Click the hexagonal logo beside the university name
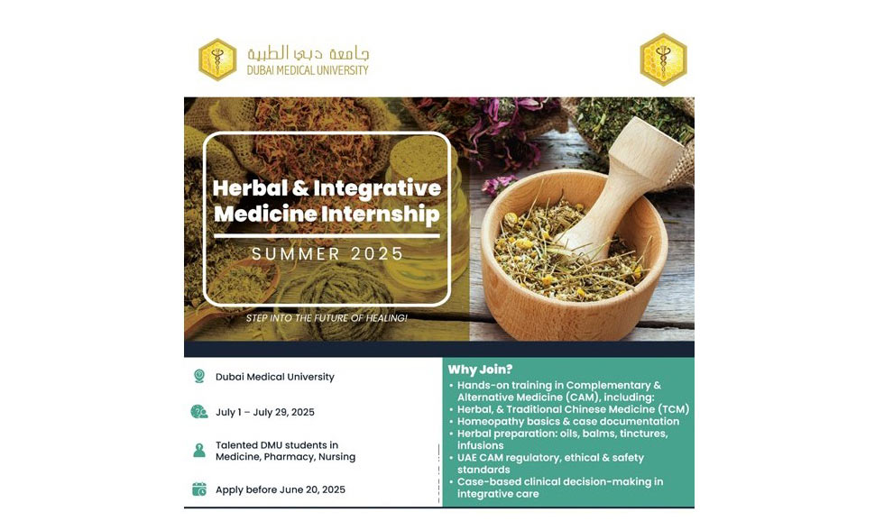coord(217,59)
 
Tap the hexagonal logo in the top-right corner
coord(664,59)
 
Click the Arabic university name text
coord(308,53)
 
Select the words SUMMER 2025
coord(327,254)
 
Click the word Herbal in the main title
coord(250,187)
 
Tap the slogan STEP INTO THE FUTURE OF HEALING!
coord(327,318)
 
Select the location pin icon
coord(199,376)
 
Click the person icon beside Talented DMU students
coord(199,451)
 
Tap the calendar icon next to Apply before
coord(199,489)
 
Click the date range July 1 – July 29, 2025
coord(265,412)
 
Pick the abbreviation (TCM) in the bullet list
coord(674,409)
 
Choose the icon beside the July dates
coord(199,412)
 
